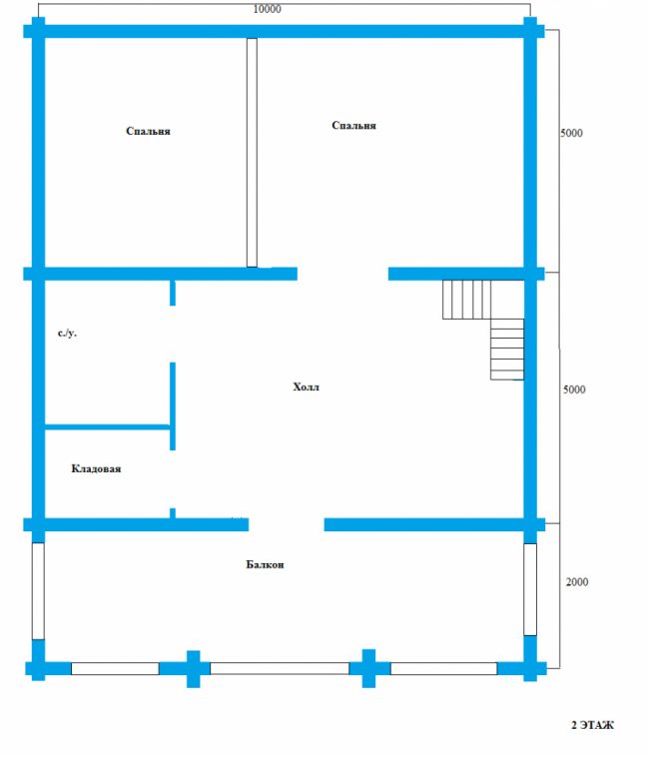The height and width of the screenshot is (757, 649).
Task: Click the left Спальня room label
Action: pyautogui.click(x=148, y=131)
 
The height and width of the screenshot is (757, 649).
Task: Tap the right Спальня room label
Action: pyautogui.click(x=353, y=126)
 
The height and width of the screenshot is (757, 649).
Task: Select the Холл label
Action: pyautogui.click(x=306, y=386)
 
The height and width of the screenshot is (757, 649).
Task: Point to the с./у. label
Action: pyautogui.click(x=67, y=334)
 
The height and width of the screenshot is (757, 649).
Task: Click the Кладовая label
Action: pyautogui.click(x=96, y=468)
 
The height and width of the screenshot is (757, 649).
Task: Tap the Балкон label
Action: pyautogui.click(x=265, y=564)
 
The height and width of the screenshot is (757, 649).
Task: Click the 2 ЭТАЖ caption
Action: pyautogui.click(x=592, y=725)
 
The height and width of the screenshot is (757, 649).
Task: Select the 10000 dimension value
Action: pyautogui.click(x=267, y=9)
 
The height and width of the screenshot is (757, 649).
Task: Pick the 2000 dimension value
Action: pyautogui.click(x=577, y=582)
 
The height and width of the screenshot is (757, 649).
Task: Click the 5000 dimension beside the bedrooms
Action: pyautogui.click(x=571, y=133)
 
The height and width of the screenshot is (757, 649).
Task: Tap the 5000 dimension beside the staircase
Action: pyautogui.click(x=574, y=389)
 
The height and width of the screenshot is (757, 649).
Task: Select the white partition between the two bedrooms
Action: pyautogui.click(x=252, y=153)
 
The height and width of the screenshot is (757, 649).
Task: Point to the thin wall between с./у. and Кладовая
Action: pyautogui.click(x=107, y=426)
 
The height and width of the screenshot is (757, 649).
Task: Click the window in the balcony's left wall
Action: pyautogui.click(x=38, y=591)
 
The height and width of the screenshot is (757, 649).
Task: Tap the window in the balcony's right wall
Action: pyautogui.click(x=530, y=589)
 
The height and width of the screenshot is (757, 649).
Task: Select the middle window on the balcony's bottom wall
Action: pyautogui.click(x=280, y=669)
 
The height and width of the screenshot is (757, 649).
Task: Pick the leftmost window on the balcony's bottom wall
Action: pyautogui.click(x=115, y=669)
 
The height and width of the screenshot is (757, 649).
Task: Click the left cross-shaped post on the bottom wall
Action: pyautogui.click(x=194, y=669)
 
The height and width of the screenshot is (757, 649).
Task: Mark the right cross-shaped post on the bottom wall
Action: pyautogui.click(x=369, y=668)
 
